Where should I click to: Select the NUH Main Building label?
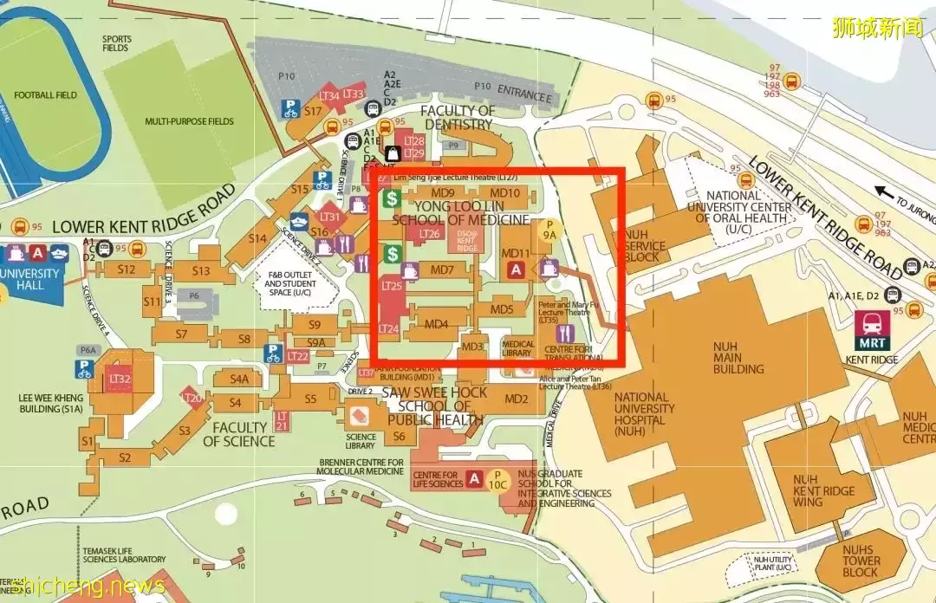[738, 357]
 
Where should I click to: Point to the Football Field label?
[45, 95]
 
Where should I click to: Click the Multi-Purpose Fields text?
[189, 121]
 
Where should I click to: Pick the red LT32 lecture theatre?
[120, 379]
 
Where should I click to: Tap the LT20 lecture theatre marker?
[192, 399]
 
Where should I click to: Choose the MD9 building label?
[443, 193]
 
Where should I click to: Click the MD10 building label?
[505, 193]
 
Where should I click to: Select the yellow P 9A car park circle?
[549, 229]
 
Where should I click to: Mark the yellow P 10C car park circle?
[497, 480]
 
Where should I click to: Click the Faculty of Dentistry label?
[458, 118]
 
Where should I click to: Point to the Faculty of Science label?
[239, 434]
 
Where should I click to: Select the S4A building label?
[239, 379]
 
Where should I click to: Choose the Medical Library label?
[517, 348]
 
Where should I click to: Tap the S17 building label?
[313, 111]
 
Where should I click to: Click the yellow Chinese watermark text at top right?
[877, 27]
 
